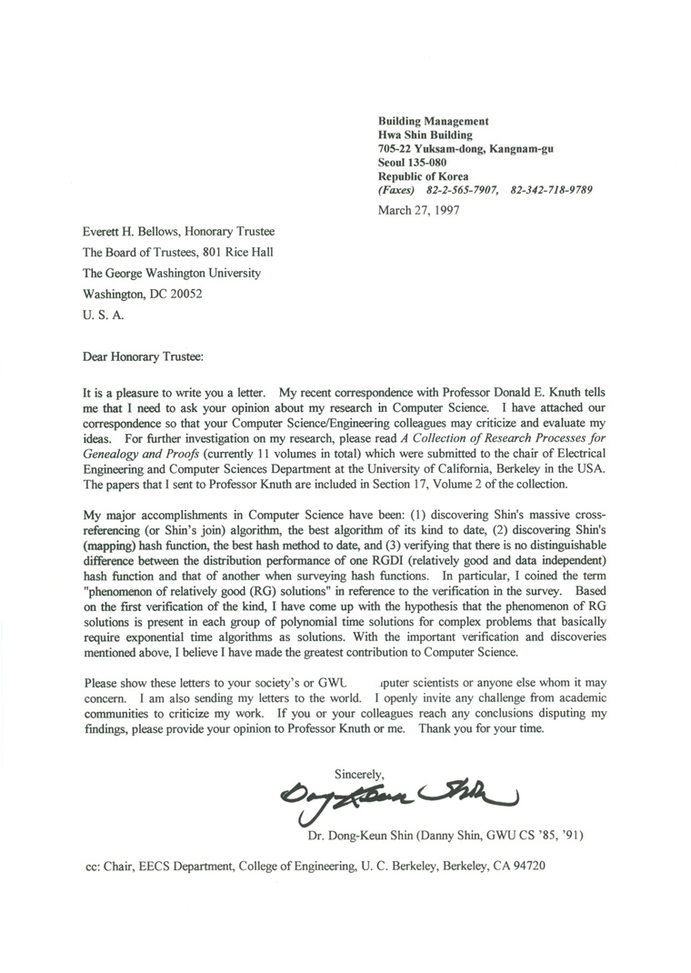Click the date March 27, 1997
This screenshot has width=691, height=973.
click(x=418, y=210)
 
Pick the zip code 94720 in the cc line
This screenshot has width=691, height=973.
click(x=527, y=867)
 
